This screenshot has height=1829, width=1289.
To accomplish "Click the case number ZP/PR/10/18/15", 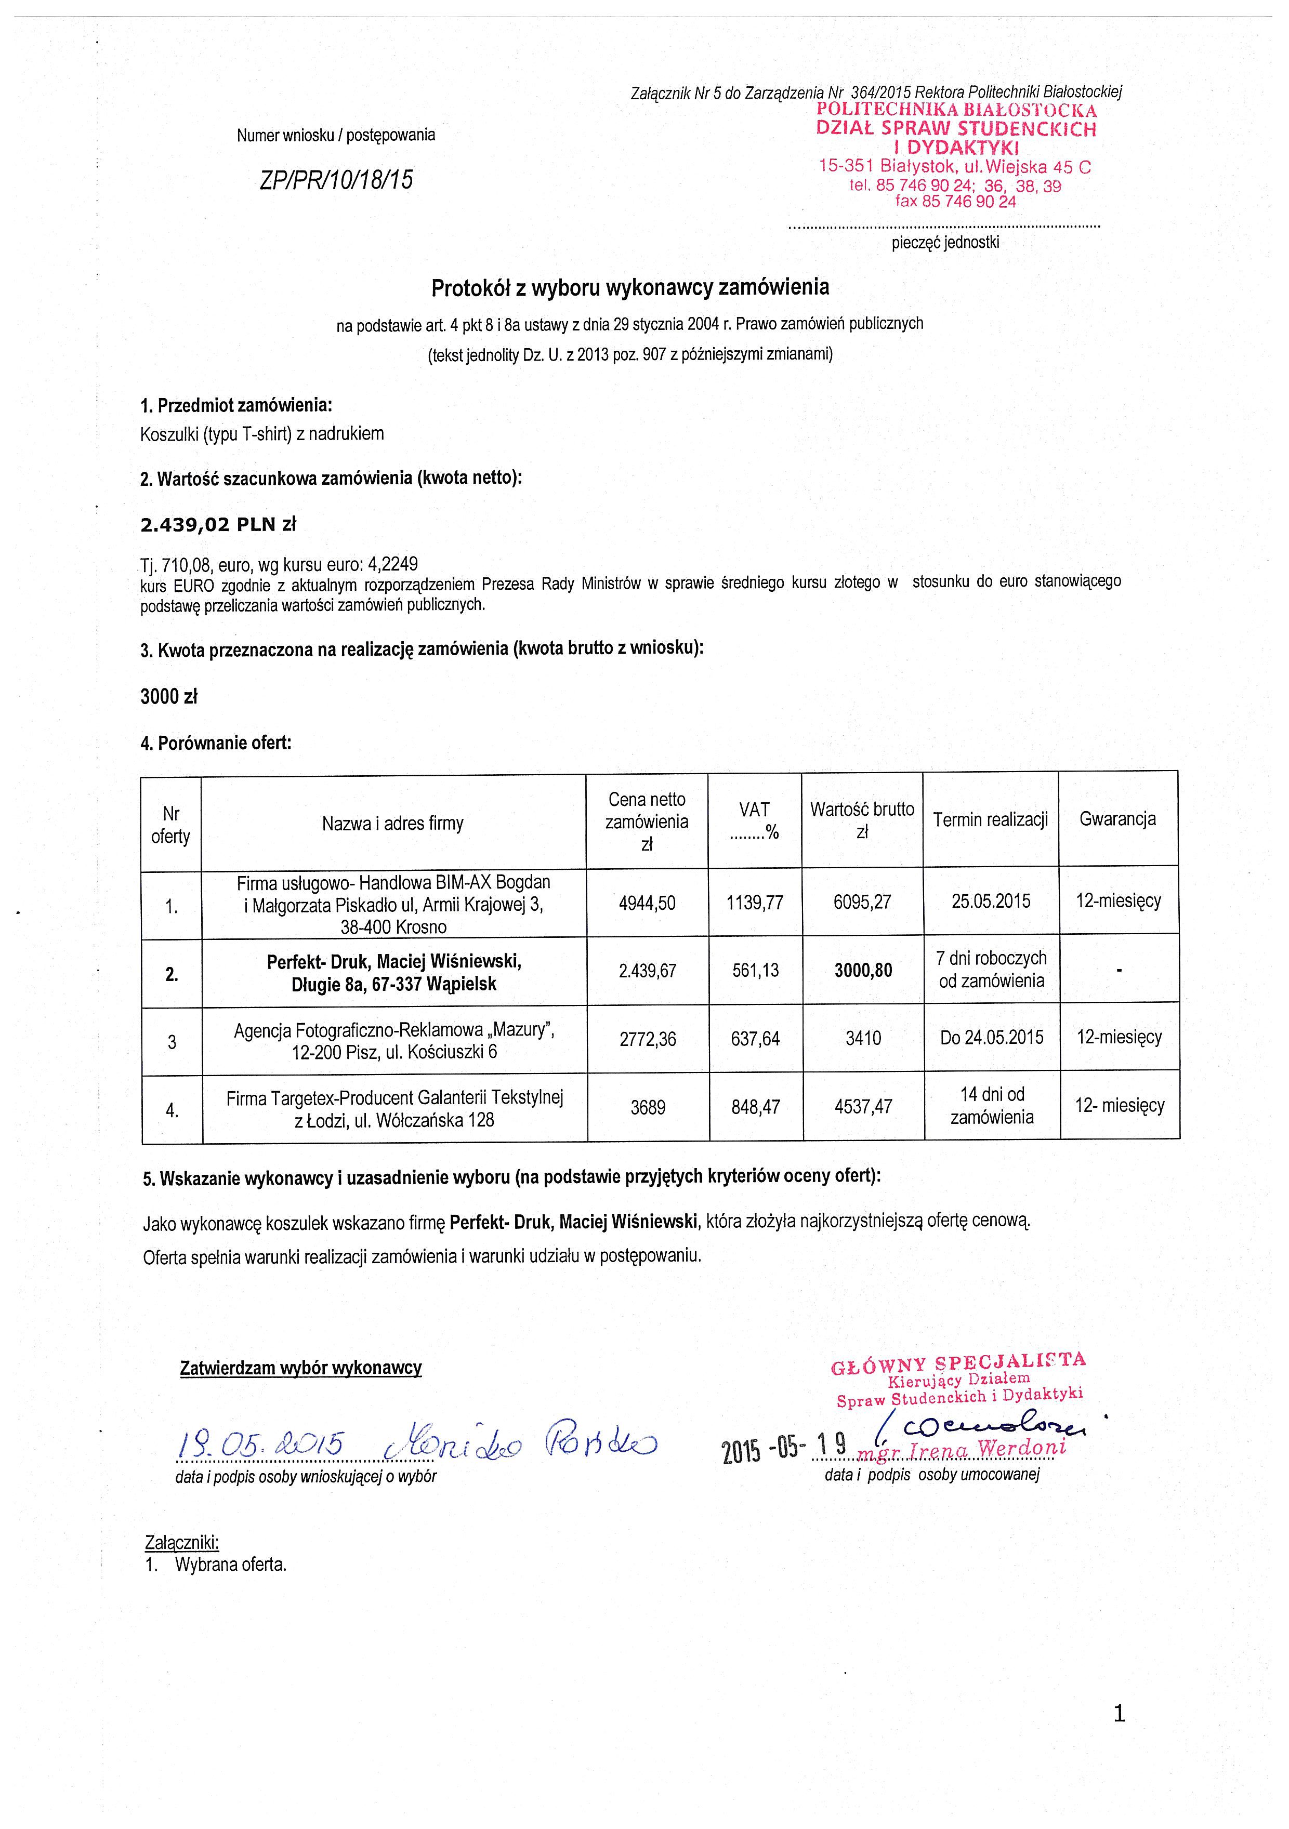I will (336, 180).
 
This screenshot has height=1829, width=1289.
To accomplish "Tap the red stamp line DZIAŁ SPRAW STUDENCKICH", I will (955, 129).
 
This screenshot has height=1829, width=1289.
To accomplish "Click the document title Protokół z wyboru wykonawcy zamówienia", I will (629, 287).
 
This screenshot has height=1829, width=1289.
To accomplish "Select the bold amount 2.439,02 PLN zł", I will (218, 525).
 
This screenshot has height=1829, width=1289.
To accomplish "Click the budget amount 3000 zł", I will (169, 696).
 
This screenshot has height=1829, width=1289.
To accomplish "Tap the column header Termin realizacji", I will (990, 820).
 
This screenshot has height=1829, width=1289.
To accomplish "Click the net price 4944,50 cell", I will (647, 903).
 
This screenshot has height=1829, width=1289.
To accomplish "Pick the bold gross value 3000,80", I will (863, 970).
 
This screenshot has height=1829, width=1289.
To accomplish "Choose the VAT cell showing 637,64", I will (755, 1039).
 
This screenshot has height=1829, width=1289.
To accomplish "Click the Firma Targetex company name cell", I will (394, 1109).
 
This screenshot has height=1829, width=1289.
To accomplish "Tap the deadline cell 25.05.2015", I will (991, 901).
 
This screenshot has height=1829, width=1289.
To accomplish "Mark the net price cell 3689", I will (648, 1107).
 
